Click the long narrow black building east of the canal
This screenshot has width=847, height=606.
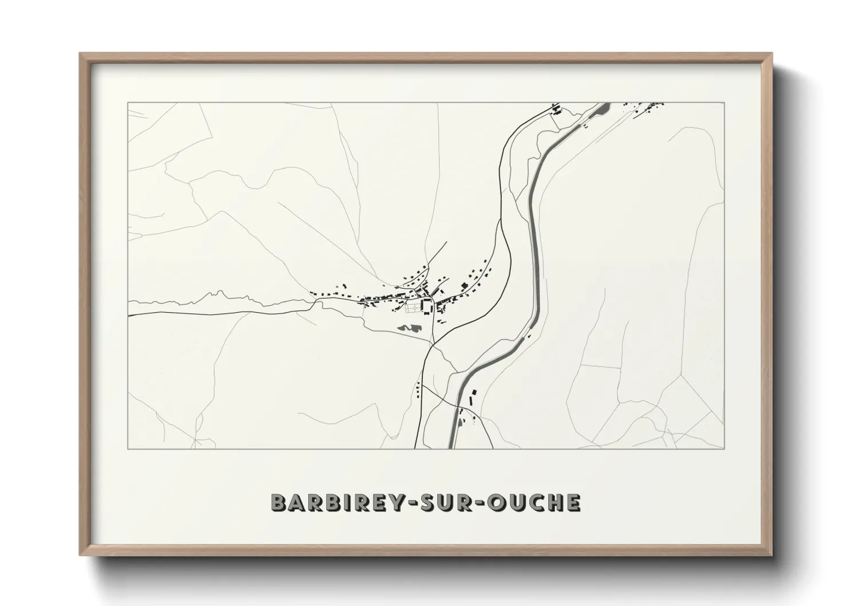[x=472, y=396]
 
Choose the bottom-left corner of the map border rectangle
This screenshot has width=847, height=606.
[x=128, y=448]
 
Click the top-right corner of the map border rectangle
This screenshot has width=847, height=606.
[x=725, y=103]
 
